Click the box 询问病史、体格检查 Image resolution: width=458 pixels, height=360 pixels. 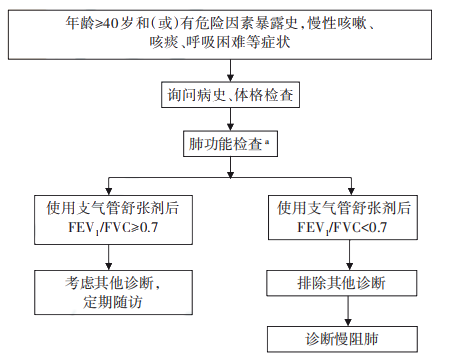tap(231, 96)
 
